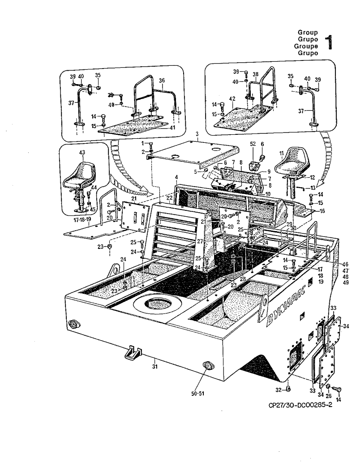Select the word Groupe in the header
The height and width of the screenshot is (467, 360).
(305, 46)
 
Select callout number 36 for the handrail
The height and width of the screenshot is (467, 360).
(162, 81)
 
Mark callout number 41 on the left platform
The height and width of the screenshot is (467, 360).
(172, 127)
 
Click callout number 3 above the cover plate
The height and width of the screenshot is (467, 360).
(196, 134)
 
